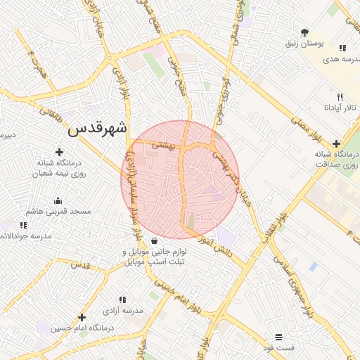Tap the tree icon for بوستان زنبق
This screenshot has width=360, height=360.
click(304, 32)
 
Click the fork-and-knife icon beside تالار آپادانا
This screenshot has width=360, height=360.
click(340, 97)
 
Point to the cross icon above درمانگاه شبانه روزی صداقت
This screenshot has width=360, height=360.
click(336, 143)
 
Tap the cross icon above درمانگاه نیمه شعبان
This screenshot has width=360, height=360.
click(59, 152)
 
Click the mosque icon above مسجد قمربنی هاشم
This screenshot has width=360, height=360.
click(57, 200)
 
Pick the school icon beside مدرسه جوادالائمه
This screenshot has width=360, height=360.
click(23, 225)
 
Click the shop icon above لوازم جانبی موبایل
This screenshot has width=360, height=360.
click(154, 241)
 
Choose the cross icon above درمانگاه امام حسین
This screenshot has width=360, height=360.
click(82, 318)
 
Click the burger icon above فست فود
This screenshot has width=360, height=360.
click(279, 337)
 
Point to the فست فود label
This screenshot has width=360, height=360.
click(278, 348)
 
